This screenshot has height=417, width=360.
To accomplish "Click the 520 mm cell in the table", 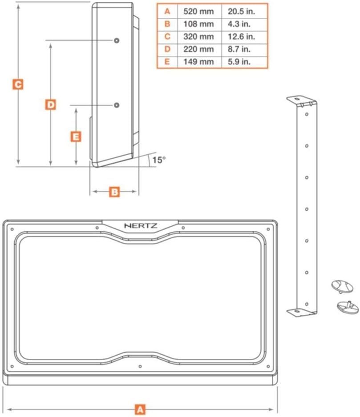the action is (x=198, y=12).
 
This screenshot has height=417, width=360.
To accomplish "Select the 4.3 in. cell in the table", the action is (x=239, y=24).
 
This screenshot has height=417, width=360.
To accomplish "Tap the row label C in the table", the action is (x=167, y=36).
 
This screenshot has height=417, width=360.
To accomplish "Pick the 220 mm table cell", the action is (x=198, y=49).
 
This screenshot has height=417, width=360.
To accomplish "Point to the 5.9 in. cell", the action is (x=239, y=62).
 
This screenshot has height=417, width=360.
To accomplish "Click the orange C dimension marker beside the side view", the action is (x=18, y=84).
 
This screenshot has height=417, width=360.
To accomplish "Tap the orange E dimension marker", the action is (x=76, y=136).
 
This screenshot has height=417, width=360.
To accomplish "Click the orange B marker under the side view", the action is (x=114, y=192).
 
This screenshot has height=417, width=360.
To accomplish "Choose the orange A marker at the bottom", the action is (x=140, y=409).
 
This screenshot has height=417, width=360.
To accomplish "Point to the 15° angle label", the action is (x=159, y=160).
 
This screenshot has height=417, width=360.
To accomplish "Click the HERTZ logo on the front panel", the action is (x=141, y=226).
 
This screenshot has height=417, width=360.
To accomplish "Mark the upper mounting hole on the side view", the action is (x=116, y=40).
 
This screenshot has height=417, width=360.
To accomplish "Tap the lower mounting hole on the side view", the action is (x=116, y=105).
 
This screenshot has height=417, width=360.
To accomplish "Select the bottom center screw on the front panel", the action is (x=140, y=366).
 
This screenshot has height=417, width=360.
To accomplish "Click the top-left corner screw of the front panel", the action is (x=12, y=229).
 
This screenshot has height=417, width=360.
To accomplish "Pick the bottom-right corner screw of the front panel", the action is (x=268, y=366).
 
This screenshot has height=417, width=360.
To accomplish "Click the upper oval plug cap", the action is (x=342, y=286).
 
